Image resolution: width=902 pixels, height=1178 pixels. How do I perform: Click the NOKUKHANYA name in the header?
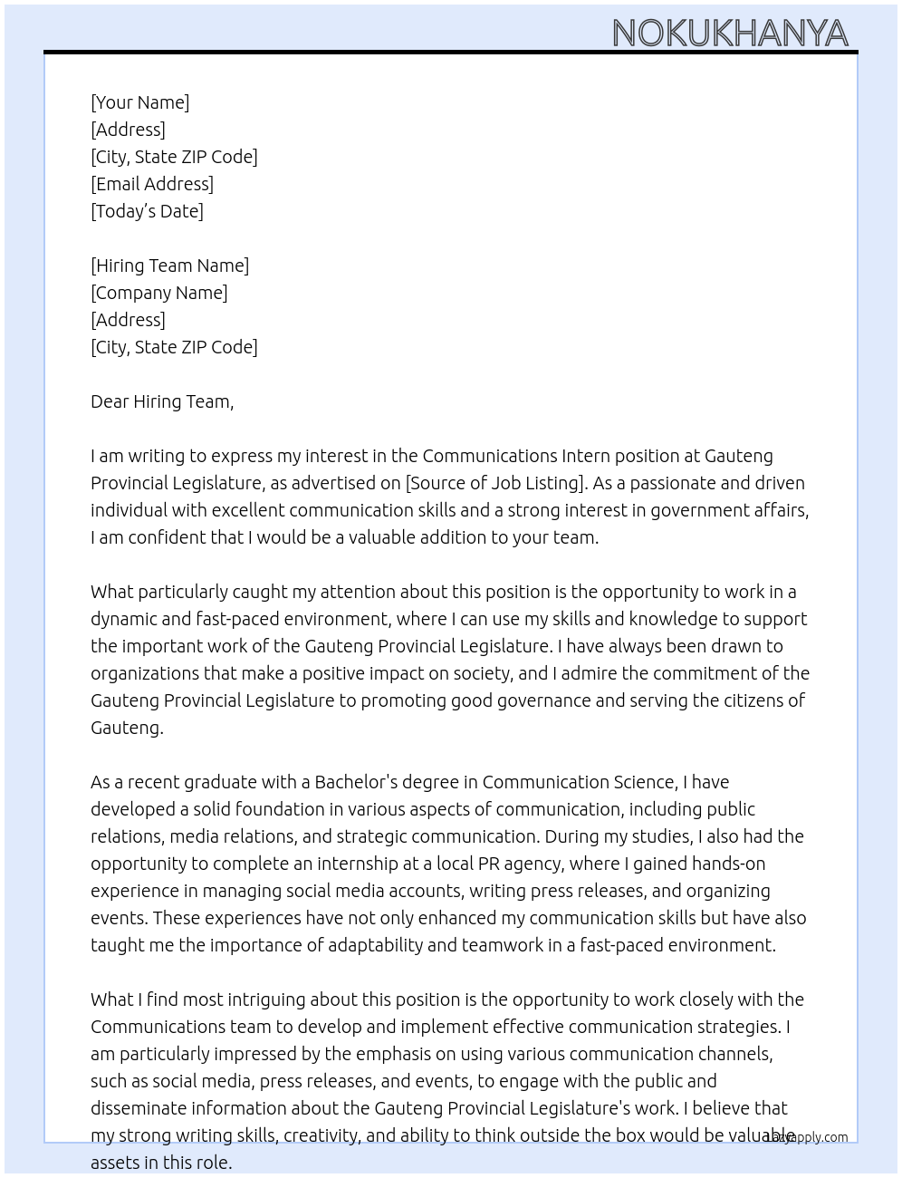click(730, 34)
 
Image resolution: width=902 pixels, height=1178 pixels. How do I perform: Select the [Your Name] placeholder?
click(139, 102)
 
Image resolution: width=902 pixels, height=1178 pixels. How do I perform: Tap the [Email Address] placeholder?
click(152, 184)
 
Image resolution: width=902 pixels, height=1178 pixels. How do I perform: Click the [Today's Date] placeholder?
click(147, 211)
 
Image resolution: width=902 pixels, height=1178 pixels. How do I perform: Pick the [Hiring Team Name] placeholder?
click(169, 266)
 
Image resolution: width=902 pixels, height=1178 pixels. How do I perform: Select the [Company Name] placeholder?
click(158, 293)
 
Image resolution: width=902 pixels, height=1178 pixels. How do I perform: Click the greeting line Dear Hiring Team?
click(162, 401)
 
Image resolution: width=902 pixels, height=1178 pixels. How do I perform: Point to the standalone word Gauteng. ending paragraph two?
click(127, 728)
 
